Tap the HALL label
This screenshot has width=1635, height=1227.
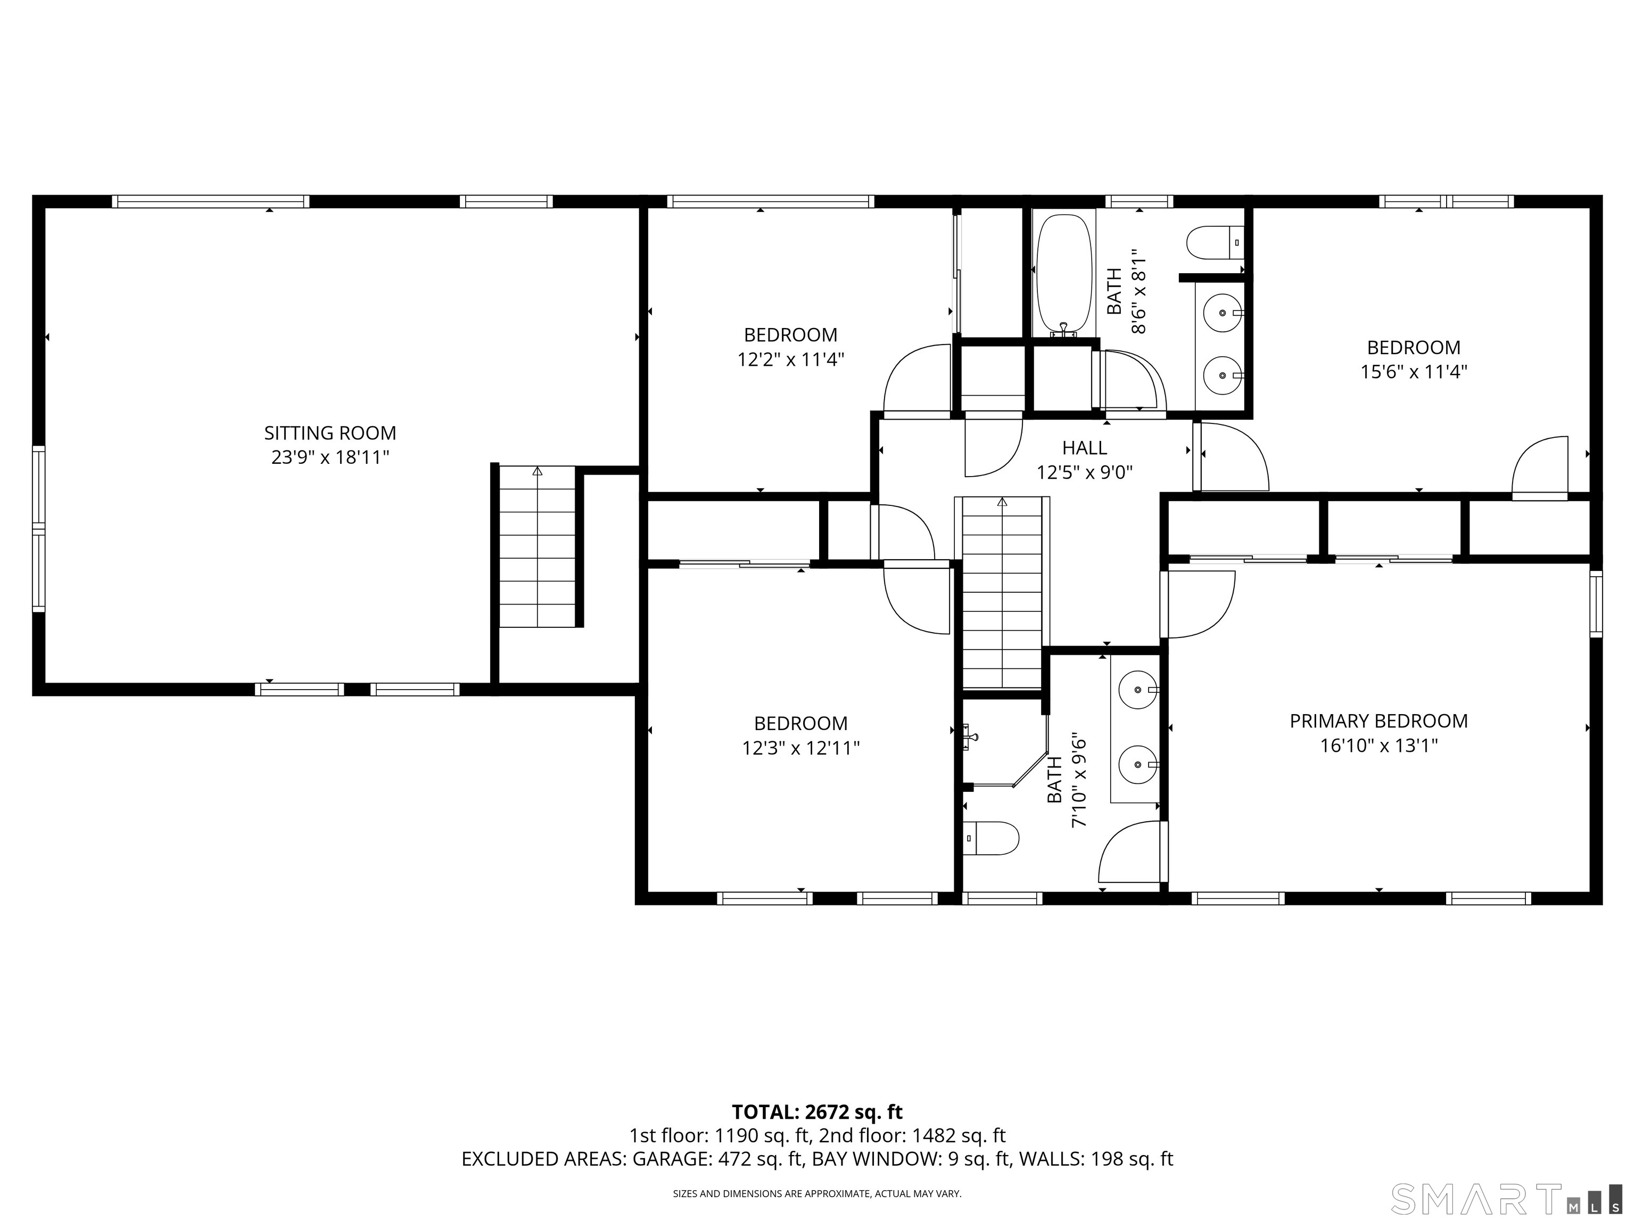point(1084,447)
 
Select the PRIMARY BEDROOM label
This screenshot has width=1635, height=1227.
point(1378,721)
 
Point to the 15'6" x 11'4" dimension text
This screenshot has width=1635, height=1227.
point(1413,371)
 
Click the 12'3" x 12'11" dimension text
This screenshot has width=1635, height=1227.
point(800,748)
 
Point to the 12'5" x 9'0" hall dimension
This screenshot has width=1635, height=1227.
point(1084,472)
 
